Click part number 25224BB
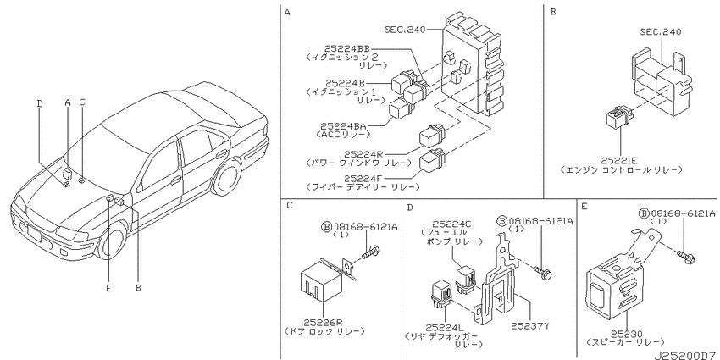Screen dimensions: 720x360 [x=347, y=48]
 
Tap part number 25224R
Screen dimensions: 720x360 [x=363, y=154]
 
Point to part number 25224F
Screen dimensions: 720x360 [x=363, y=179]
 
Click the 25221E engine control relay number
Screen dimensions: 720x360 [x=620, y=161]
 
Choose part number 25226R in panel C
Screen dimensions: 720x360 [x=324, y=323]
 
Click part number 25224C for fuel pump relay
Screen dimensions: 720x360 [x=452, y=224]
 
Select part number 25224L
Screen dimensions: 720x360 [x=445, y=328]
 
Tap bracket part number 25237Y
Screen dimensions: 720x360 [x=530, y=326]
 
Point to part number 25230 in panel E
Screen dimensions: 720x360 [x=626, y=334]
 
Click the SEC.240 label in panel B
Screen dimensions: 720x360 [x=661, y=31]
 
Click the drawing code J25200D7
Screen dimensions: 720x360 [x=686, y=356]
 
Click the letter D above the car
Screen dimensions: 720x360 [x=40, y=103]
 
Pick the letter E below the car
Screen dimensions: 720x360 [x=108, y=288]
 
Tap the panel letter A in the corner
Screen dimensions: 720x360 [x=287, y=13]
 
